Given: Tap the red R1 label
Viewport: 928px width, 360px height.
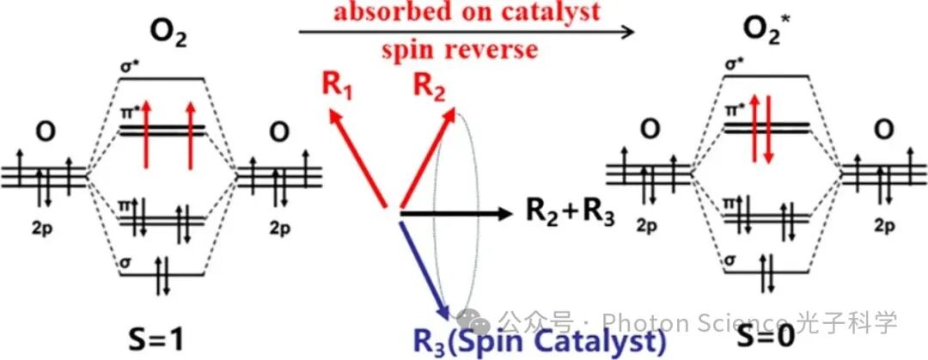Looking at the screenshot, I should coord(334,85).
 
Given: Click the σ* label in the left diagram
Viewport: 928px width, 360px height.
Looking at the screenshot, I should coord(130,64).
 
